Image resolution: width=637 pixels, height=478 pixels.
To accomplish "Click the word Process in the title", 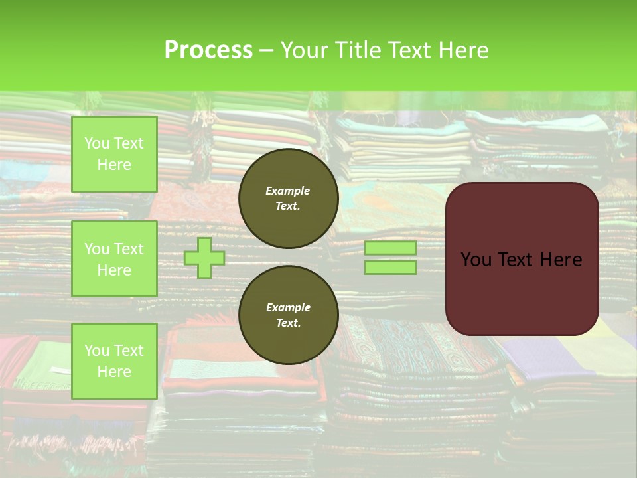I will click(x=208, y=50).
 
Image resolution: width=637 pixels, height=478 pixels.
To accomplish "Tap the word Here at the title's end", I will click(x=462, y=50).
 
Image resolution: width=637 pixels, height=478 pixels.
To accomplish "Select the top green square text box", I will click(x=114, y=154).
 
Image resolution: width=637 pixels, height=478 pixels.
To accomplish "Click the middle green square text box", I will click(x=114, y=259).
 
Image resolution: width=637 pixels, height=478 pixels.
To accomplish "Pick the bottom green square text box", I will click(x=114, y=360).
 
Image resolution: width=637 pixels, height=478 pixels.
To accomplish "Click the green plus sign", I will click(x=204, y=258).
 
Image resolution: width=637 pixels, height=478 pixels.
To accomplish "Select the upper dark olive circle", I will click(x=289, y=199).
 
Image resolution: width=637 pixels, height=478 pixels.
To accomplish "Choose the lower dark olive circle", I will click(x=289, y=315).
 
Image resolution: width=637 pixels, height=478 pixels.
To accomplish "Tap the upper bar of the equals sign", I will click(x=390, y=248).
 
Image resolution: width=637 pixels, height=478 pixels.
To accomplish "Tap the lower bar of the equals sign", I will click(x=390, y=268).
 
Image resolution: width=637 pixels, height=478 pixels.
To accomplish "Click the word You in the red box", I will click(x=476, y=260).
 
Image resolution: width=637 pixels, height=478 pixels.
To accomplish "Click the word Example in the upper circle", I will click(x=288, y=191).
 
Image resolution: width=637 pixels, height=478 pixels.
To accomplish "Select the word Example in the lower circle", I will click(x=288, y=307).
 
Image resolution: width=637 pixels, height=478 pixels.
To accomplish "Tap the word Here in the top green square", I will click(x=114, y=165).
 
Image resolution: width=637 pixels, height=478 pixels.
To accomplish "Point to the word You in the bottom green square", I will click(x=97, y=351).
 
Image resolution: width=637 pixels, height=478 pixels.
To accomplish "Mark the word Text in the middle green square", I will click(x=128, y=249).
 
